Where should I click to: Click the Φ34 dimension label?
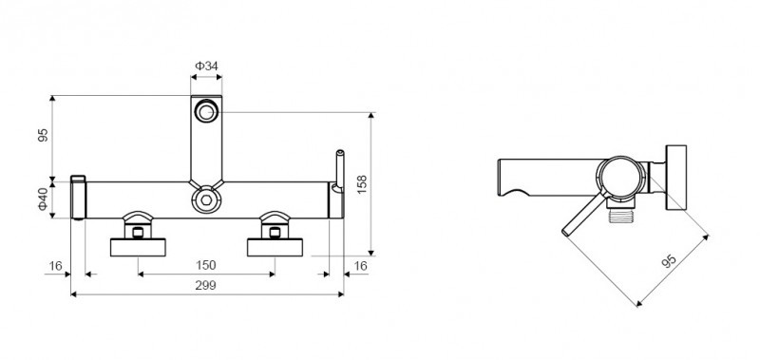pyautogui.click(x=206, y=66)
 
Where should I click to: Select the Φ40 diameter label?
pyautogui.click(x=44, y=199)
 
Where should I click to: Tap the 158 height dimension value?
pyautogui.click(x=362, y=184)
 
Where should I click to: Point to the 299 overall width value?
pyautogui.click(x=205, y=285)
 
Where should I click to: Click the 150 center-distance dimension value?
pyautogui.click(x=205, y=266)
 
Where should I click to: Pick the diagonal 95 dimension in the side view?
pyautogui.click(x=669, y=260)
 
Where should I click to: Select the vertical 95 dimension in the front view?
pyautogui.click(x=44, y=135)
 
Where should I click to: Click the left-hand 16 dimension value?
pyautogui.click(x=56, y=266)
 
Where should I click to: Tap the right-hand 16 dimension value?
pyautogui.click(x=360, y=266)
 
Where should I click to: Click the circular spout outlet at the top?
pyautogui.click(x=206, y=112)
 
